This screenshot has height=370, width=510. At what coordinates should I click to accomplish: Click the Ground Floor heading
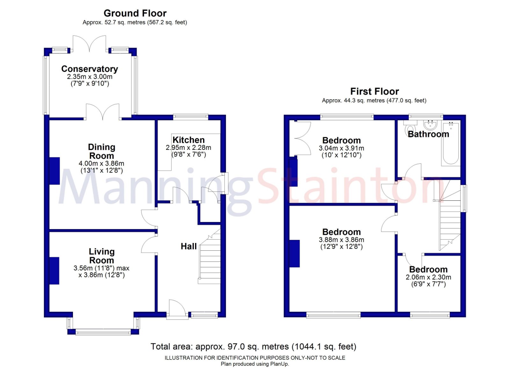tap(135, 13)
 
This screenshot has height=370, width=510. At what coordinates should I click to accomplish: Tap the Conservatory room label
tap(90, 69)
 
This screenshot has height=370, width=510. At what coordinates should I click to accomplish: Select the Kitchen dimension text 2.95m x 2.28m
tap(188, 148)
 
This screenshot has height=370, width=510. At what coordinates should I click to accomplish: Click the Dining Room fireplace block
tap(55, 171)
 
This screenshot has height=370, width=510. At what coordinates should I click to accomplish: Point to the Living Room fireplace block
tap(54, 270)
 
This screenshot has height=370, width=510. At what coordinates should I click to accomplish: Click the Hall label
tap(189, 246)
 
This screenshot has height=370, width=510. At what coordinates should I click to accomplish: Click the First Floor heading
tap(375, 92)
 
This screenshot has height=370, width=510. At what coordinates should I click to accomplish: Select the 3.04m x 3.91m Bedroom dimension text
tap(341, 148)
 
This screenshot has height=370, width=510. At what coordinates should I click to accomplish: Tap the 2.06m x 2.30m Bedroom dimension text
tap(428, 277)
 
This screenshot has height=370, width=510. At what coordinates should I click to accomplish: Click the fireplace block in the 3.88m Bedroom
tap(295, 254)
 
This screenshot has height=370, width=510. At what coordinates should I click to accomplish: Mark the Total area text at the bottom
tap(253, 346)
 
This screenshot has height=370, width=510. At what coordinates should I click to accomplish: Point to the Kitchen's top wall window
tap(191, 116)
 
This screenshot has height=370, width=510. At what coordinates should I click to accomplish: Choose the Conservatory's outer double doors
tap(89, 44)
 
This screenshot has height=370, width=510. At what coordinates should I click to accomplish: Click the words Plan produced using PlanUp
tap(255, 364)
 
